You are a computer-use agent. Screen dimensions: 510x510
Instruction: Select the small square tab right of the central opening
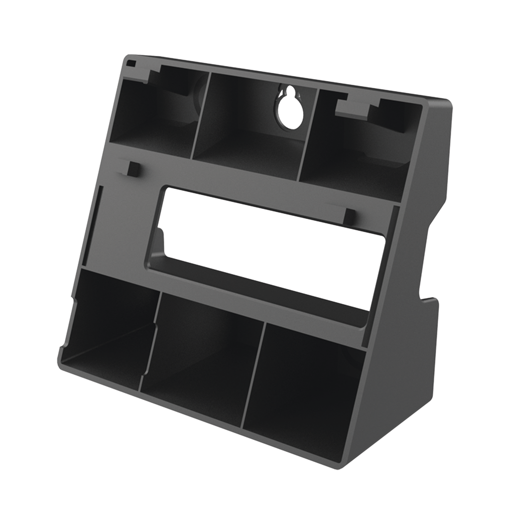click(349, 215)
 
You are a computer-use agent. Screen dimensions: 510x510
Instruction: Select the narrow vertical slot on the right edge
click(391, 239)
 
